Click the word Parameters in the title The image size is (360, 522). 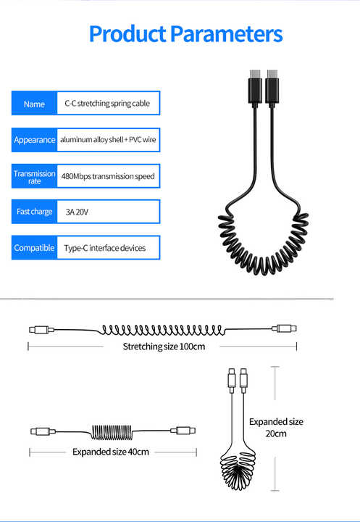(227, 34)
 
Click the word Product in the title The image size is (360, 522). (127, 34)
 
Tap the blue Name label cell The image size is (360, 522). (34, 103)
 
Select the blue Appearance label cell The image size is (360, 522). (34, 140)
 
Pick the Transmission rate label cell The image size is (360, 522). (34, 176)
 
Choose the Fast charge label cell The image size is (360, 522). (34, 212)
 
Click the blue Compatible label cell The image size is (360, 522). (34, 248)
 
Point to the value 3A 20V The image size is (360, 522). (77, 212)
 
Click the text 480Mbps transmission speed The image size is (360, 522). (108, 176)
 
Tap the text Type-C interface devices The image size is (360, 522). (105, 248)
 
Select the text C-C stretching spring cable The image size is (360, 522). (107, 104)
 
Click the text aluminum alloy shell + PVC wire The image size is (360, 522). (108, 140)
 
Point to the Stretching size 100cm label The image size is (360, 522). (164, 347)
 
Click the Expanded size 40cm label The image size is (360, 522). (110, 452)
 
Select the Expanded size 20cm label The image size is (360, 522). (276, 428)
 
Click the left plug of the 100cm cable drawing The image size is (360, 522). (41, 330)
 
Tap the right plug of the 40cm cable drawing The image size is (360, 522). (183, 431)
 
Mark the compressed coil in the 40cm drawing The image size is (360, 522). (112, 432)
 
